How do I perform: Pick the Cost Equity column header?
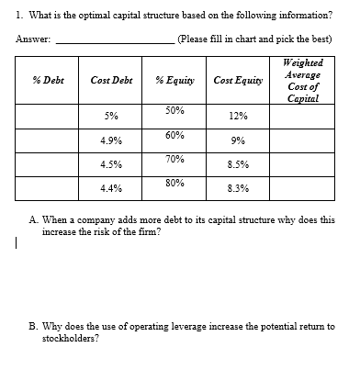tap(235, 81)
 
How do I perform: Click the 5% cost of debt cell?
tap(110, 117)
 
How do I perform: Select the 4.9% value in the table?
tap(111, 140)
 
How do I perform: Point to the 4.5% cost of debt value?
tap(111, 164)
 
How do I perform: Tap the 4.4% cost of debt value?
tap(111, 188)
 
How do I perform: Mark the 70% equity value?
tap(174, 158)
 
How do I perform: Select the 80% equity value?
tap(174, 182)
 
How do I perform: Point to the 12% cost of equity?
tap(236, 117)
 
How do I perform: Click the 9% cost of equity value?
tap(236, 140)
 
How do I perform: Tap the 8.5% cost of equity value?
tap(236, 164)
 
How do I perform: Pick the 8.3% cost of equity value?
tap(236, 188)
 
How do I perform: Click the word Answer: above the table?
tap(33, 39)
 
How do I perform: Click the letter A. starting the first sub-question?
tap(34, 221)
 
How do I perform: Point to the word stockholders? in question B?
tap(71, 337)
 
